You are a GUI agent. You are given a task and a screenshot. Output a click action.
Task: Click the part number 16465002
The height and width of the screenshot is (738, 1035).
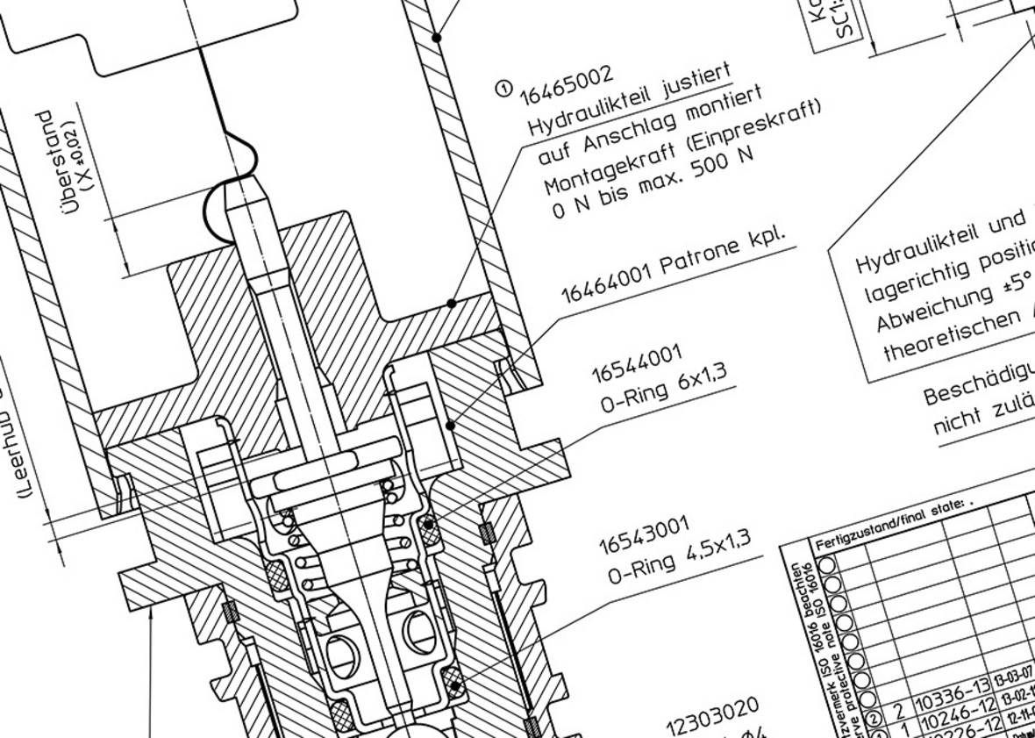click(x=567, y=83)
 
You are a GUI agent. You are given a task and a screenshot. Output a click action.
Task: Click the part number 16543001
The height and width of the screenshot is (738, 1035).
click(x=645, y=534)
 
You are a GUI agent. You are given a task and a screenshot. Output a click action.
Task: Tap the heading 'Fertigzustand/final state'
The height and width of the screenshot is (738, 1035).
click(x=889, y=517)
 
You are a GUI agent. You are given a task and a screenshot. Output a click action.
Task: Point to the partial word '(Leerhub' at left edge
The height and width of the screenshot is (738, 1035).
click(x=29, y=465)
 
